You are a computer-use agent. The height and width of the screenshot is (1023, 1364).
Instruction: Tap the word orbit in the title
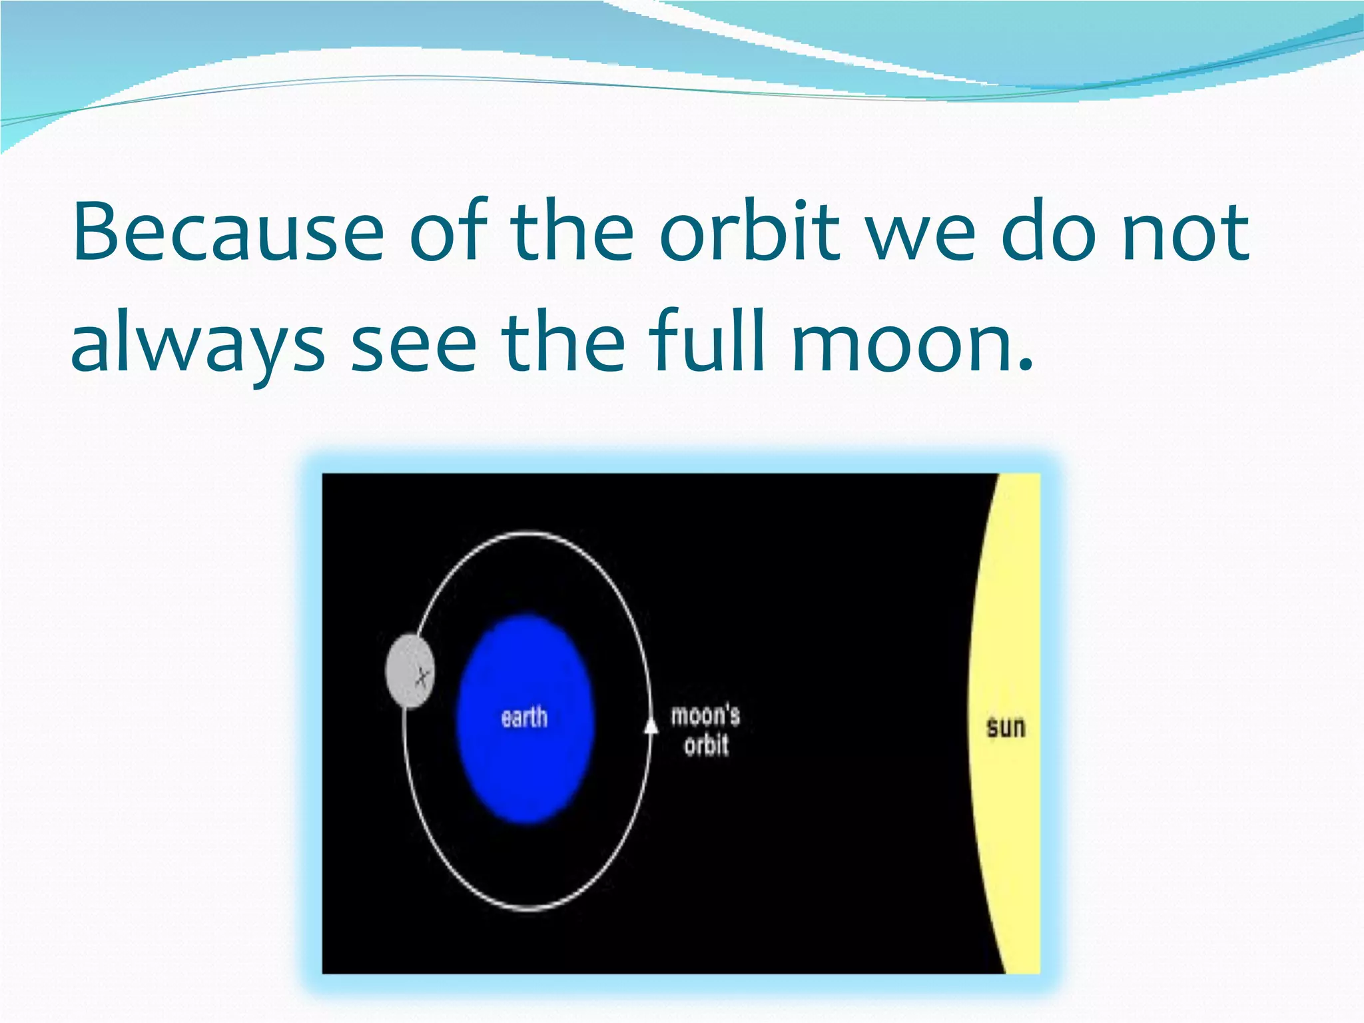pyautogui.click(x=750, y=232)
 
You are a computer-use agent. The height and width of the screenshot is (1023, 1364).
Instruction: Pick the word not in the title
pyautogui.click(x=1186, y=232)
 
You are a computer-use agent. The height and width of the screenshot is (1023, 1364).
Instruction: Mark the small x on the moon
pyautogui.click(x=422, y=677)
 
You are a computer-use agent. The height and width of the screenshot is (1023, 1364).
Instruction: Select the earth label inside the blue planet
pyautogui.click(x=524, y=718)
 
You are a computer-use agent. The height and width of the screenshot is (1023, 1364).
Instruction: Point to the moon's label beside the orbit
pyautogui.click(x=705, y=715)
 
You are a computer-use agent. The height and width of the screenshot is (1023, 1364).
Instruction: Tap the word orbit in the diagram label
pyautogui.click(x=706, y=745)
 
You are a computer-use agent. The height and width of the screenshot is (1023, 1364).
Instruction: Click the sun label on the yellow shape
pyautogui.click(x=1005, y=727)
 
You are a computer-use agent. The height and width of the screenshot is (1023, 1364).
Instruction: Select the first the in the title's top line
pyautogui.click(x=572, y=232)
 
